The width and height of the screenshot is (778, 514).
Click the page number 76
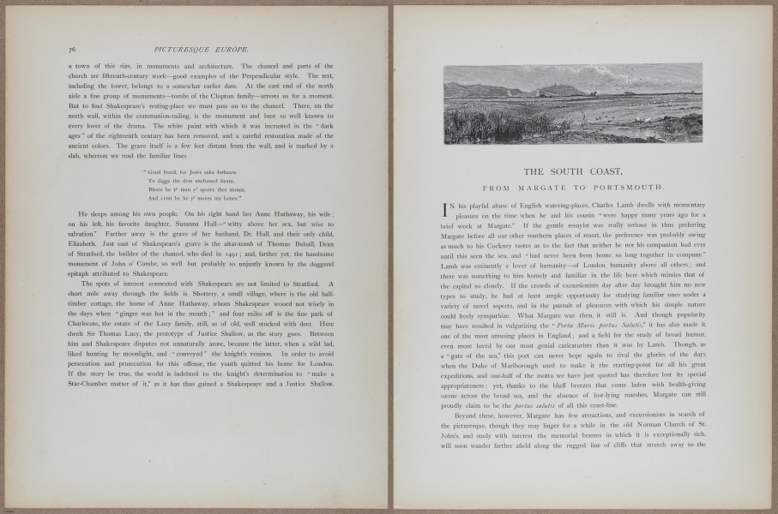tap(71, 52)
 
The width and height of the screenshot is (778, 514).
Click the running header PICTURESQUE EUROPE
tap(208, 52)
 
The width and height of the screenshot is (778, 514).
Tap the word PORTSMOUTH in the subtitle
tap(628, 187)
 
